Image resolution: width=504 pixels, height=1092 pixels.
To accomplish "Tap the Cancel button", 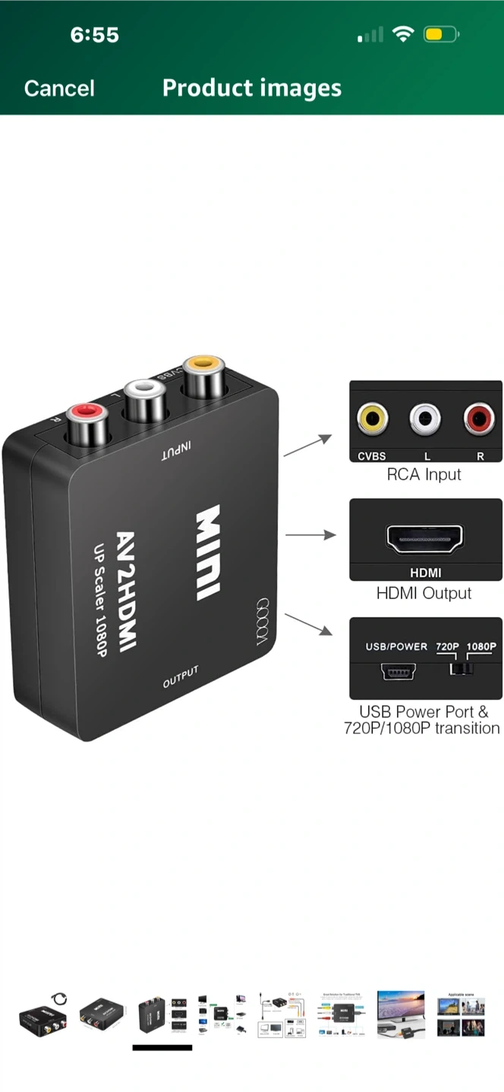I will (59, 89).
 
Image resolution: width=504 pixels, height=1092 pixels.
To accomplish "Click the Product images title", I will (251, 89).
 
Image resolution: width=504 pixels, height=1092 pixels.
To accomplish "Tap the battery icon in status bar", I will (442, 35).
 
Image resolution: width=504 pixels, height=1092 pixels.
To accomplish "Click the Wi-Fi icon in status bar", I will (402, 34).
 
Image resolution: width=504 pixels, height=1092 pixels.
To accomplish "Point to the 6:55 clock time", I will (95, 35).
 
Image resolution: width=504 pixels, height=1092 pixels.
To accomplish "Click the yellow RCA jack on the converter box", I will (203, 375).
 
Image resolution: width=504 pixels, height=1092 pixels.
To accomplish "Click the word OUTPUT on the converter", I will (181, 677).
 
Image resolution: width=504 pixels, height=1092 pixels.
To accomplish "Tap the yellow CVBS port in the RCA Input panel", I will (372, 418).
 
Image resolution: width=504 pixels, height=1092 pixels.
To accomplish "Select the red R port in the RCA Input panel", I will (479, 418).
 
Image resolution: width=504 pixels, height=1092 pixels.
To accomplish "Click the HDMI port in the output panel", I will (425, 539).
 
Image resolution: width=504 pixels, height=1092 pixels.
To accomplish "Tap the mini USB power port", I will (398, 670).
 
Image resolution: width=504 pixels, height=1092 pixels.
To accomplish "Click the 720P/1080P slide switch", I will (461, 669).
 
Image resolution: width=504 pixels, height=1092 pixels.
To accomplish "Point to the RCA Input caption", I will (424, 475).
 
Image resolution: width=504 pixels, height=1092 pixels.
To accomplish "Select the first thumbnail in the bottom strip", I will (43, 1014).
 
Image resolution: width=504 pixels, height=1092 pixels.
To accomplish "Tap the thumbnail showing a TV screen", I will (401, 1014).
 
